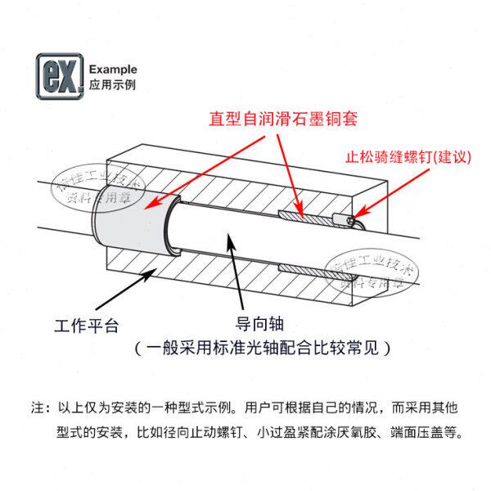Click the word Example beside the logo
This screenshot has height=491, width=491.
coord(112,70)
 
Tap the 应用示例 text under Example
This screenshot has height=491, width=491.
coord(111,84)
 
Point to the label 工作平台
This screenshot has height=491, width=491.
coord(87,325)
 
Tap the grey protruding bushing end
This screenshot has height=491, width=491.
coord(130,226)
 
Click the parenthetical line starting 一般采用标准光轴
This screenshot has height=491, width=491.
coord(262,348)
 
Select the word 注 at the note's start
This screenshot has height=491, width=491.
coord(36,407)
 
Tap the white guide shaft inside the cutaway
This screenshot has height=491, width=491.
coord(237,237)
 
